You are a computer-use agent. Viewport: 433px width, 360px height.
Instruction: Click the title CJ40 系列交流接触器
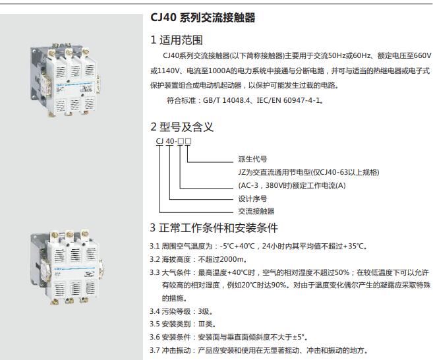pos(203,18)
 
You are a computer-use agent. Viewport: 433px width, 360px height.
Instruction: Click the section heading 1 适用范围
pos(177,41)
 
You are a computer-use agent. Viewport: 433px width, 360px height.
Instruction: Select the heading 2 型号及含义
pos(182,127)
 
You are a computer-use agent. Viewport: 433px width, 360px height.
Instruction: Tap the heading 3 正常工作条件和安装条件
pos(214,228)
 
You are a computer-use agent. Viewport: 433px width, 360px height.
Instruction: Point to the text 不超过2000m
pos(223,259)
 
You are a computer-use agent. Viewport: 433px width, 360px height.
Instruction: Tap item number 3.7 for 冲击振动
pos(155,350)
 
